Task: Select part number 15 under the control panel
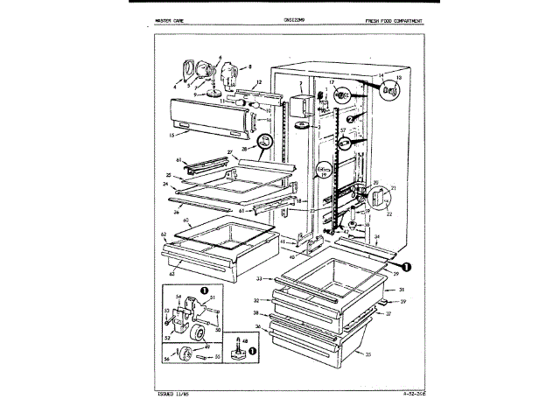pyautogui.click(x=173, y=136)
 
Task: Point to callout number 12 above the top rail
pyautogui.click(x=234, y=81)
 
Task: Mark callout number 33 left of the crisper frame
pyautogui.click(x=260, y=278)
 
